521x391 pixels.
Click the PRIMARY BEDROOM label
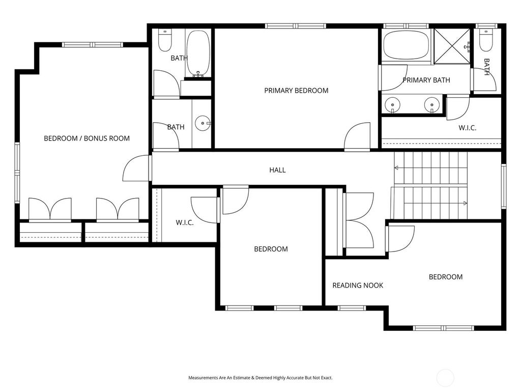tap(296, 91)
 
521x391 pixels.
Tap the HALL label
tap(277, 170)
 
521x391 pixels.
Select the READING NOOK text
tap(358, 285)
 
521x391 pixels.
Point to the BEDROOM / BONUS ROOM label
tap(86, 138)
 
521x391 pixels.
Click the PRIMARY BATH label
tap(426, 80)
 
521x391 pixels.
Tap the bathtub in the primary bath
tap(407, 45)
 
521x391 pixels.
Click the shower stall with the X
tap(452, 46)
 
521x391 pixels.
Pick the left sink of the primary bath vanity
tap(392, 105)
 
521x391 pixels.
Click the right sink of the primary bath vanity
tap(432, 105)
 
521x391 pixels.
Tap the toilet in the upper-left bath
tap(165, 40)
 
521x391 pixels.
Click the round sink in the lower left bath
tap(202, 123)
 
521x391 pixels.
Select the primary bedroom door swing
tap(357, 136)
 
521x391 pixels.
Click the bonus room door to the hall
tap(136, 168)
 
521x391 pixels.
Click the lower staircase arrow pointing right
tap(436, 203)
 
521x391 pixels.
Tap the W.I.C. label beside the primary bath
tap(467, 128)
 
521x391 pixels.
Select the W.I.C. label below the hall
tap(184, 223)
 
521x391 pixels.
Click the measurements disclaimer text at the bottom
tap(260, 378)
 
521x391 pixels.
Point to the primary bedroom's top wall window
tap(296, 26)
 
